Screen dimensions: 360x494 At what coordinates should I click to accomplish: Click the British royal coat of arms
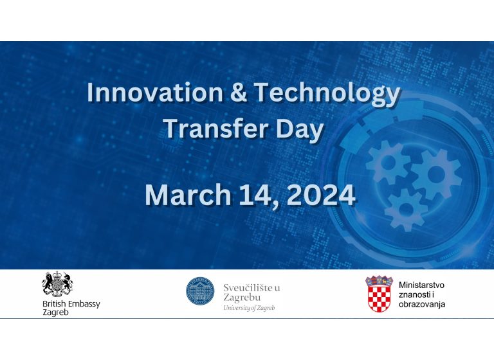[x=58, y=283]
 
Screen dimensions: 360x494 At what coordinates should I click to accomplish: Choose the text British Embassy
[x=71, y=304]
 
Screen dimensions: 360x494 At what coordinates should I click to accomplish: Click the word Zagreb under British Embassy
[x=55, y=312]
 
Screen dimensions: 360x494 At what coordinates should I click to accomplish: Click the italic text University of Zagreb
[x=249, y=308]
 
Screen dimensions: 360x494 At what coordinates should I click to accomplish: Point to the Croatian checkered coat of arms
[x=379, y=294]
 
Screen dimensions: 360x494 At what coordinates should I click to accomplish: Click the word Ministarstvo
[x=421, y=285]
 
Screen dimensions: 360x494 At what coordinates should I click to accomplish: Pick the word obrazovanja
[x=422, y=304]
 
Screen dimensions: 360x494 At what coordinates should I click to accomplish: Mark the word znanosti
[x=415, y=294]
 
